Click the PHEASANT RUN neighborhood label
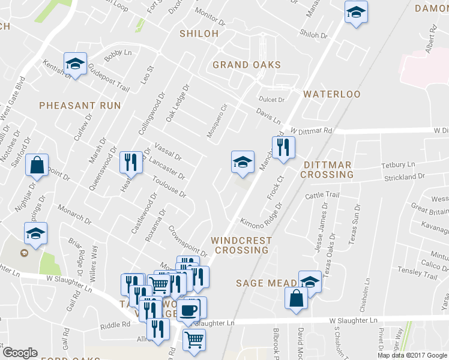80,106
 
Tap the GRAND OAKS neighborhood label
247,65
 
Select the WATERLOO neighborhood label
331,94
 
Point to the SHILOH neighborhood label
199,34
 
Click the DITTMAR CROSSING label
327,169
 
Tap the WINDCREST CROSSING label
241,245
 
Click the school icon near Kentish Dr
76,63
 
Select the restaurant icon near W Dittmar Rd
283,147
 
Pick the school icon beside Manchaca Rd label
242,161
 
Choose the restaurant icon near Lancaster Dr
131,161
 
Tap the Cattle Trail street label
322,195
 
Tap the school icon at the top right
355,12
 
